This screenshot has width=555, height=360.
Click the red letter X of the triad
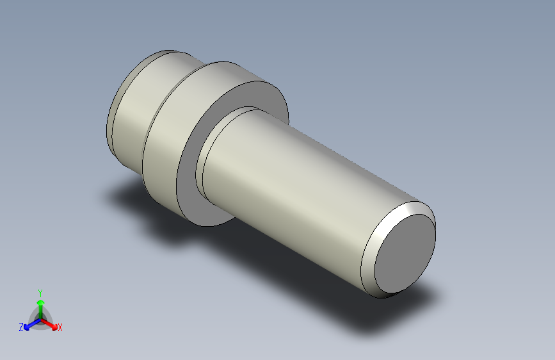(60, 328)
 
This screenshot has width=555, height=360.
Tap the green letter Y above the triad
(40, 291)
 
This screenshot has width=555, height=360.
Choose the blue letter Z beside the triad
(21, 327)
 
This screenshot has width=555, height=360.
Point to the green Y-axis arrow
(40, 306)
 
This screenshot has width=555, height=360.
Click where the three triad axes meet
(40, 318)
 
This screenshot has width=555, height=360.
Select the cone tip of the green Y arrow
(40, 300)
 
